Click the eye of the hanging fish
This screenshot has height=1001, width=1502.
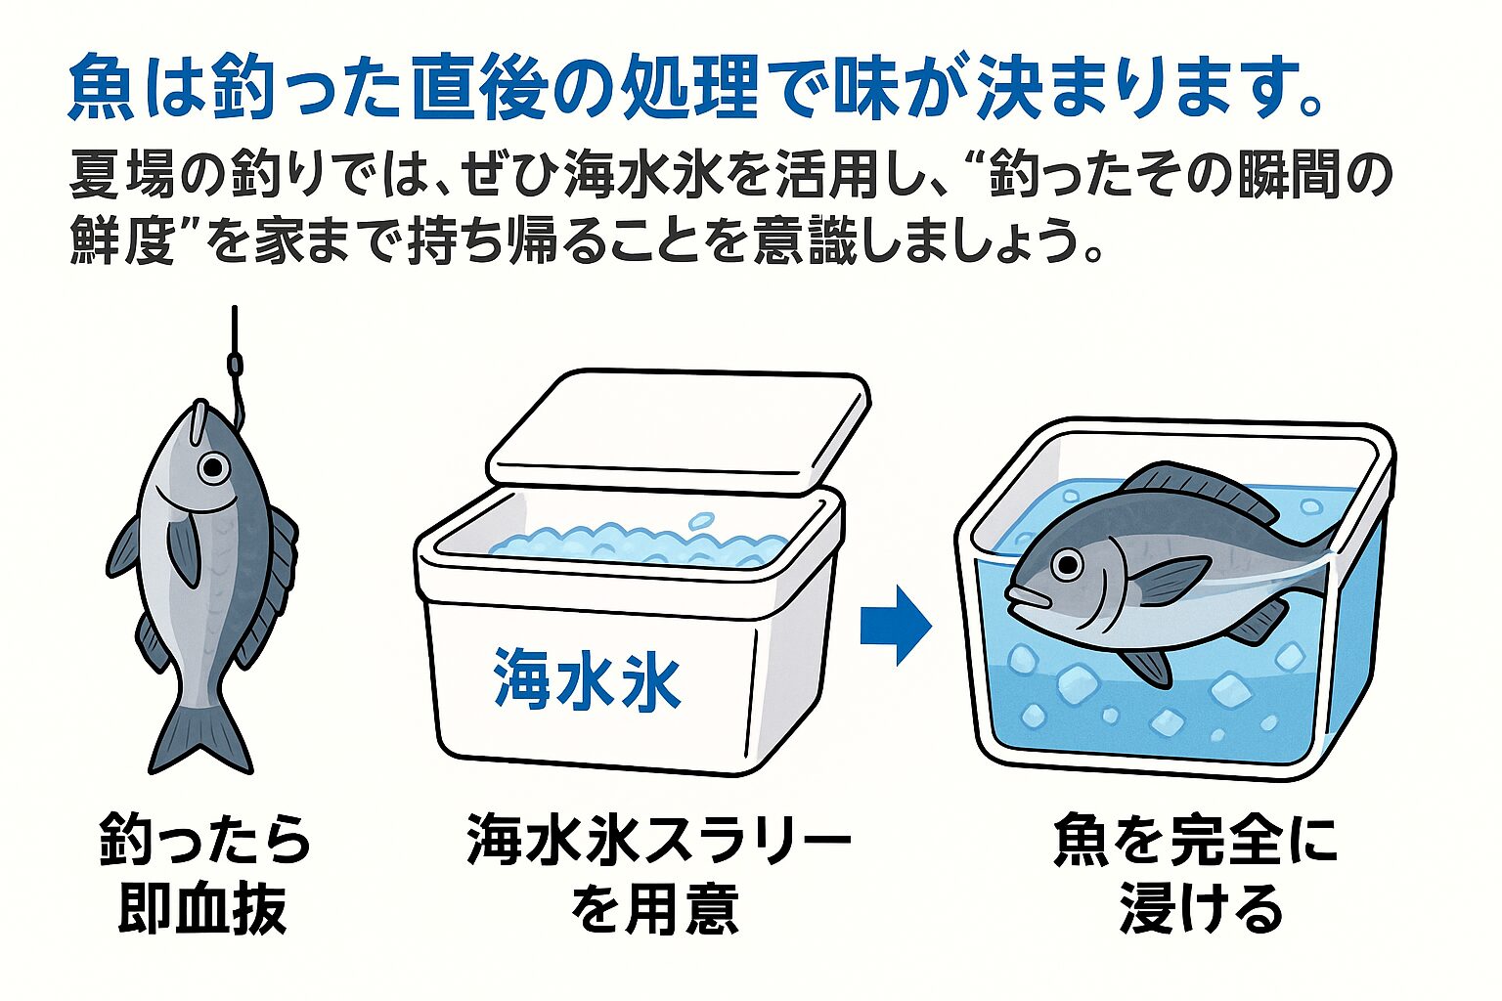[212, 467]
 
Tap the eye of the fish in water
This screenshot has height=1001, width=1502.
[1066, 564]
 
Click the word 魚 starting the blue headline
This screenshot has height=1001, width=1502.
[101, 89]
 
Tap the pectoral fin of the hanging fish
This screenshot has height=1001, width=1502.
[183, 548]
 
